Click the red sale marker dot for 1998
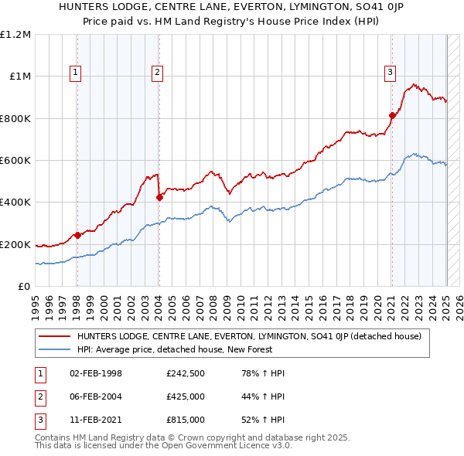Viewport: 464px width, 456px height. click(77, 236)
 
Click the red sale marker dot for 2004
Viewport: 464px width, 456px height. click(159, 197)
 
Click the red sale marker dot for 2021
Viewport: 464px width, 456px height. click(392, 116)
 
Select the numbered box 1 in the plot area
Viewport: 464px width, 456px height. click(76, 73)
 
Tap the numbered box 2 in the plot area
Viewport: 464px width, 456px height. click(157, 73)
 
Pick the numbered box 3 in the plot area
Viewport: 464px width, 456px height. click(390, 73)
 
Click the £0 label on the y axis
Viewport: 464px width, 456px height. click(25, 287)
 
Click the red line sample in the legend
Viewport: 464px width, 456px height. click(55, 336)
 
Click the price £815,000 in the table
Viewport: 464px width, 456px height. click(186, 420)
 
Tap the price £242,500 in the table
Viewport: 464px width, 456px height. click(186, 373)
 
